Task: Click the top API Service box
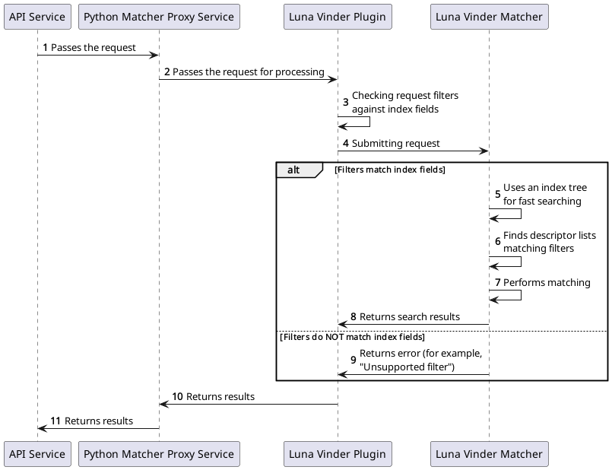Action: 37,17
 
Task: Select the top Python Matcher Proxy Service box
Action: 159,17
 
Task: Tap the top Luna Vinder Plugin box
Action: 338,17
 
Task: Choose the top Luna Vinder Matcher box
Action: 489,17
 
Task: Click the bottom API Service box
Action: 37,454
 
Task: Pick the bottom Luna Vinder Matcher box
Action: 489,454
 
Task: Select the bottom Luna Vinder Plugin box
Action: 338,454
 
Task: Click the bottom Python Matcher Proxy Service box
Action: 159,454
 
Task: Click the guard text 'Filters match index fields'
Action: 390,170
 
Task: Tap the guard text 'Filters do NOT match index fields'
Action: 352,336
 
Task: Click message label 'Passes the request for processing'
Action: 248,71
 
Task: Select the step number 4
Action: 346,143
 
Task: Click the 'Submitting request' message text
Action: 395,143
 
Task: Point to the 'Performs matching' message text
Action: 547,282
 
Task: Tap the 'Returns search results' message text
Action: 409,316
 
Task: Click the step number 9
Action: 353,360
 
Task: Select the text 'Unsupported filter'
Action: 408,367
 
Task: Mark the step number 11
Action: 55,421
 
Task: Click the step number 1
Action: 45,47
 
